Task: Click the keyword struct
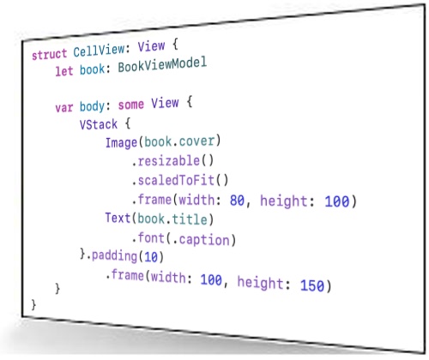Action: pos(49,54)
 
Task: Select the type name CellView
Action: pos(99,51)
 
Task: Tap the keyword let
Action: pos(64,71)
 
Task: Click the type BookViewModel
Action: pos(162,65)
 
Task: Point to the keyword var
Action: pos(64,108)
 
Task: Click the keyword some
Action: pos(131,105)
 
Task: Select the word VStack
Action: pos(99,124)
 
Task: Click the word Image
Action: pos(121,142)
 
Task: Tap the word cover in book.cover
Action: pos(196,141)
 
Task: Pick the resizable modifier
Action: pos(169,160)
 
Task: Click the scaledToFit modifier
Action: pos(176,180)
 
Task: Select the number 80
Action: pos(237,201)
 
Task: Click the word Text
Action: pos(118,218)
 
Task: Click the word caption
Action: pos(204,240)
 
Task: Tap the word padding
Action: pos(114,255)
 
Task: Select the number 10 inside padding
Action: pos(151,257)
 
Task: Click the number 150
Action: pos(312,285)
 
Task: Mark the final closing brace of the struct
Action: pos(33,304)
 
